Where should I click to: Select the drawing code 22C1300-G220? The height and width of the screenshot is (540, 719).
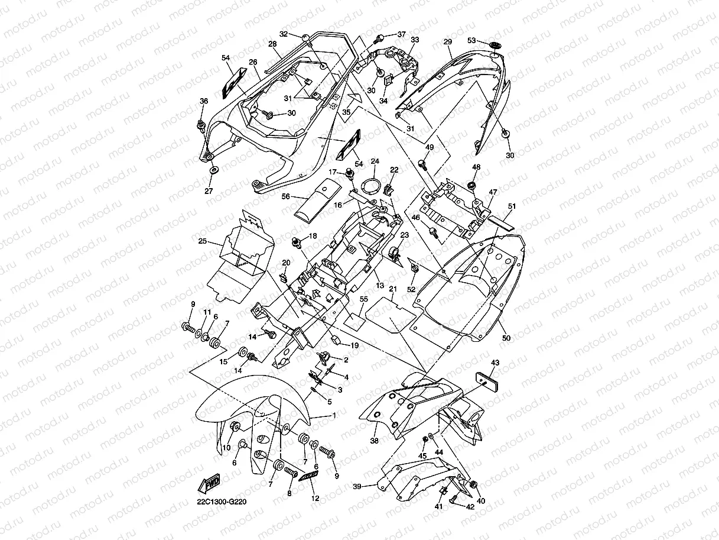[x=222, y=502]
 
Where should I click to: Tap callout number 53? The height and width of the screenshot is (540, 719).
[x=471, y=41]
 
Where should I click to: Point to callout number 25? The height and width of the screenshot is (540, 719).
[x=202, y=241]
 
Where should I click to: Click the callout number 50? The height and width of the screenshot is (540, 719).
[x=506, y=338]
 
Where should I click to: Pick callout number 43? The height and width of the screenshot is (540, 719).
[x=495, y=363]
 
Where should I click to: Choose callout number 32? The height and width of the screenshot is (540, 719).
[x=284, y=34]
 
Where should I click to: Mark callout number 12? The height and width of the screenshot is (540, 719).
[x=315, y=499]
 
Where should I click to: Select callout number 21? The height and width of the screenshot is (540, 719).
[x=392, y=289]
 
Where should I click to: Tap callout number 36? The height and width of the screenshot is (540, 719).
[x=204, y=101]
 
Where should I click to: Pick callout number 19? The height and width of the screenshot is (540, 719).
[x=354, y=345]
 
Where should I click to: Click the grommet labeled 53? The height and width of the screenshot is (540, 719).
[x=495, y=44]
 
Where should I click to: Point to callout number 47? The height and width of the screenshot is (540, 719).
[x=493, y=192]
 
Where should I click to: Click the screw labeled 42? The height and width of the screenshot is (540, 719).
[x=454, y=499]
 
